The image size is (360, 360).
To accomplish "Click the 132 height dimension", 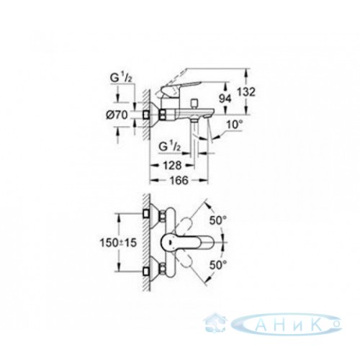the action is click(x=246, y=92).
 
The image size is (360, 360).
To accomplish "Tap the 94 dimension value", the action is click(x=225, y=99).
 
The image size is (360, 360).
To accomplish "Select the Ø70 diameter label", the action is click(x=117, y=115).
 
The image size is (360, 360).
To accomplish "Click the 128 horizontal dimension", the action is click(x=172, y=166).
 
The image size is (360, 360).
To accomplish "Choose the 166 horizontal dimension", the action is click(x=179, y=181).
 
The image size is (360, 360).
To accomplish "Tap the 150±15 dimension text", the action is click(x=118, y=243).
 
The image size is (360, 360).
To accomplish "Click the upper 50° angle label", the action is click(x=218, y=220).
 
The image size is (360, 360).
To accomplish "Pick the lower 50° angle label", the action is click(x=218, y=265).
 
